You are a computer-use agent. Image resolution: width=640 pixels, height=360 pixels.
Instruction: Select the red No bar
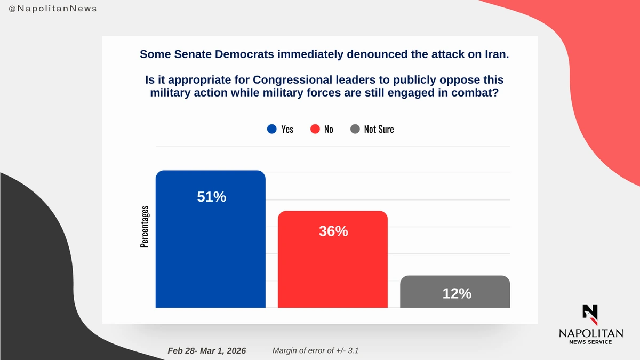[x=333, y=267]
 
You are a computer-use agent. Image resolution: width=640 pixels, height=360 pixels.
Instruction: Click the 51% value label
[x=212, y=197]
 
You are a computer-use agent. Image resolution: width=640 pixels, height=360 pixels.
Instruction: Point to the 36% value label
[x=333, y=231]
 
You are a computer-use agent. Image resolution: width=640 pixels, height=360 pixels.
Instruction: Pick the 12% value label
[x=457, y=293]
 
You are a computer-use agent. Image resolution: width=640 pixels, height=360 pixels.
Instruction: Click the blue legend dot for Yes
[x=272, y=129]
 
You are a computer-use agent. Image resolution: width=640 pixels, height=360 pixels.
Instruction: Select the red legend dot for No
[x=315, y=129]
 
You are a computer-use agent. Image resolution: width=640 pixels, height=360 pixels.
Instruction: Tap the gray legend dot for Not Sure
[x=355, y=129]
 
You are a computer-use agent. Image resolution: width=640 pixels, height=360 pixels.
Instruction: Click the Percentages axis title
[x=145, y=227]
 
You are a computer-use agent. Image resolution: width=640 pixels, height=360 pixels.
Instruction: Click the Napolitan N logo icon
[x=590, y=314]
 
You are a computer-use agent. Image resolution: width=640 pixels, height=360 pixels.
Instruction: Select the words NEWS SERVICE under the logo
[x=590, y=342]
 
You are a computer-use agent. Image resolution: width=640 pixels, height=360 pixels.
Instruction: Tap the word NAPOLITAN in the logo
[x=590, y=333]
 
